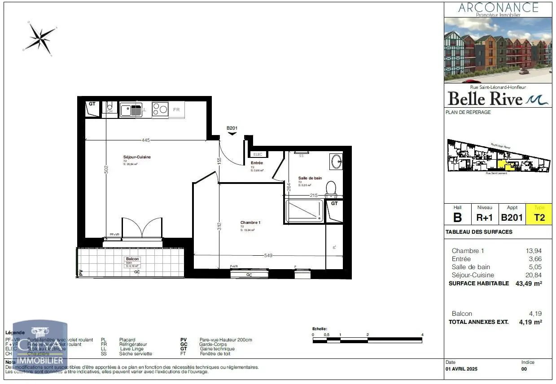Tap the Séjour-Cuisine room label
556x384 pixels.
[137, 157]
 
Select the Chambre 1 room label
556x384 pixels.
[250, 223]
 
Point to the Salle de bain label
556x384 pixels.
[310, 178]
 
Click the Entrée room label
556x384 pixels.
[257, 163]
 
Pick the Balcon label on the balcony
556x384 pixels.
[133, 259]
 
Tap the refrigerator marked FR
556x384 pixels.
[176, 109]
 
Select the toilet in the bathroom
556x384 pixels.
[331, 189]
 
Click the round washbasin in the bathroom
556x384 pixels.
[336, 161]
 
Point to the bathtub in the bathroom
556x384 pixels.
[304, 211]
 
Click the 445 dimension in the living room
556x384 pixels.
[145, 140]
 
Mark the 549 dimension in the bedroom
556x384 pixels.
[268, 255]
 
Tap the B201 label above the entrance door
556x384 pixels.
[232, 128]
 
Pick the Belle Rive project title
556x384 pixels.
[485, 98]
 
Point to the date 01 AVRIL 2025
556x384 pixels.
[462, 369]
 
